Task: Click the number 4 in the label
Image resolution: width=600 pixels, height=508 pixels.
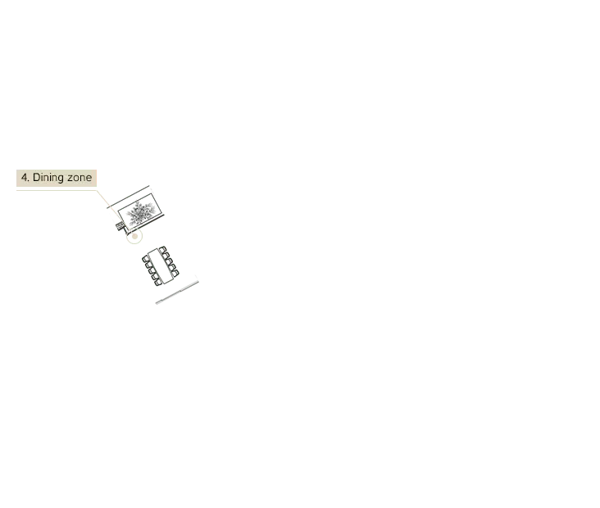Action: pyautogui.click(x=25, y=178)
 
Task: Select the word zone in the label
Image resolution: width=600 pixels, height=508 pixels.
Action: pyautogui.click(x=80, y=179)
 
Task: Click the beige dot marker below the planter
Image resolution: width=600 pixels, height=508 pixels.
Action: pyautogui.click(x=134, y=237)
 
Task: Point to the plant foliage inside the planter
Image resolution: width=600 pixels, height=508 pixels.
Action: pyautogui.click(x=140, y=212)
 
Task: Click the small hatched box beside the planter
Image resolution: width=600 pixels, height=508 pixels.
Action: pyautogui.click(x=120, y=226)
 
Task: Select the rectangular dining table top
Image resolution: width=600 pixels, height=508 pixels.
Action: pyautogui.click(x=161, y=266)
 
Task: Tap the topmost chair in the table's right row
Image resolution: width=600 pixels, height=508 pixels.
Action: pyautogui.click(x=163, y=250)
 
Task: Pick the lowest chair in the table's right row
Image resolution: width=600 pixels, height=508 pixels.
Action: pyautogui.click(x=175, y=274)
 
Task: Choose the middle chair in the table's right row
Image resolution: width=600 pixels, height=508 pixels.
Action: pyautogui.click(x=169, y=261)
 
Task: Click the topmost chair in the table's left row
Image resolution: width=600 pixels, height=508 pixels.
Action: pyautogui.click(x=145, y=259)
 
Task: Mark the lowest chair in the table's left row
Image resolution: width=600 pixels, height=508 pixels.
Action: pyautogui.click(x=157, y=283)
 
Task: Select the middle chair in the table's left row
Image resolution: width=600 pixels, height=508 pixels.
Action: pyautogui.click(x=151, y=271)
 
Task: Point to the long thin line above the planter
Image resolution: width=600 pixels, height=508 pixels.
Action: pyautogui.click(x=128, y=197)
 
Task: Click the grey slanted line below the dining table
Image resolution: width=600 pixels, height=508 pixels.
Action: pyautogui.click(x=177, y=293)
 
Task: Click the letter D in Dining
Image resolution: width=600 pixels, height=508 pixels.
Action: pyautogui.click(x=36, y=178)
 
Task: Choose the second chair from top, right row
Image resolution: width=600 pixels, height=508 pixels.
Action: pyautogui.click(x=166, y=256)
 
